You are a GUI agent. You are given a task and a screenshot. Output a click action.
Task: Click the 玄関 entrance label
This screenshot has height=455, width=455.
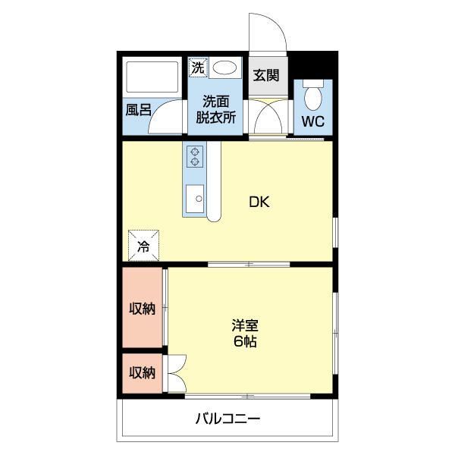pyautogui.click(x=266, y=75)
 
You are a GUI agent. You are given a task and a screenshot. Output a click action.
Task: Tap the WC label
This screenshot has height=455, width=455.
pyautogui.click(x=313, y=121)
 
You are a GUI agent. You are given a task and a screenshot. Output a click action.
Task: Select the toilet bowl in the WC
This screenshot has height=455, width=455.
pyautogui.click(x=313, y=95)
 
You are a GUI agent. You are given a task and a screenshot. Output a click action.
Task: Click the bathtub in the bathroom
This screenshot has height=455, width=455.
pyautogui.click(x=152, y=77)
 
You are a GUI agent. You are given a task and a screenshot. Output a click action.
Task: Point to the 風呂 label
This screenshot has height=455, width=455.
pyautogui.click(x=139, y=110)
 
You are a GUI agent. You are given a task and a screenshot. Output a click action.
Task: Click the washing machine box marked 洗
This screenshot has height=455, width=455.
pyautogui.click(x=198, y=68)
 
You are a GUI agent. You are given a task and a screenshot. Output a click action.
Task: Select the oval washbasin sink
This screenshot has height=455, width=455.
pyautogui.click(x=224, y=68)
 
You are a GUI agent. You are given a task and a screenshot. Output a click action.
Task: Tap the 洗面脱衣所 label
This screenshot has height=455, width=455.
pyautogui.click(x=215, y=109)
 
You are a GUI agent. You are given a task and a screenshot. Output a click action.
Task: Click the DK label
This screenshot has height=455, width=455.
pyautogui.click(x=259, y=202)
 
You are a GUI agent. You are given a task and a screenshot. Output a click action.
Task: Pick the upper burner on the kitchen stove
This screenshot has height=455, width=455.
pyautogui.click(x=195, y=152)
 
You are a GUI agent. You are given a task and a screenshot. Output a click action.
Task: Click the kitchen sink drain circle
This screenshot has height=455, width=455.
pyautogui.click(x=199, y=199)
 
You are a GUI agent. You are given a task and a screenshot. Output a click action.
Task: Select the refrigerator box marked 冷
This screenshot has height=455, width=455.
pyautogui.click(x=143, y=246)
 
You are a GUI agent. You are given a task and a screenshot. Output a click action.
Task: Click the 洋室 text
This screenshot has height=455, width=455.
pyautogui.click(x=245, y=325)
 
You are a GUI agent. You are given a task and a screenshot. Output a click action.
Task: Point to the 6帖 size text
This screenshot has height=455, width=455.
pyautogui.click(x=245, y=341)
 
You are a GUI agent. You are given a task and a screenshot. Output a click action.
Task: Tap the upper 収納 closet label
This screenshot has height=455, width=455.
pyautogui.click(x=143, y=308)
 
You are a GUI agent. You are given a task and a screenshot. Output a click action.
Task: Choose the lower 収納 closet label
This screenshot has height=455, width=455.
pyautogui.click(x=143, y=372)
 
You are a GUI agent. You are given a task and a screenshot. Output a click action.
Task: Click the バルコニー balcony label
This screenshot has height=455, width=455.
pyautogui.click(x=227, y=419)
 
